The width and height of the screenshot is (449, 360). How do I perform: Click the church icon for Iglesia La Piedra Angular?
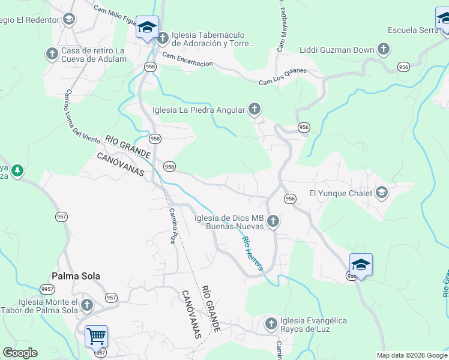tap(255, 109)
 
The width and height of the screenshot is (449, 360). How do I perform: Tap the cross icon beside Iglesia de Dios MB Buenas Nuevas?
tap(273, 222)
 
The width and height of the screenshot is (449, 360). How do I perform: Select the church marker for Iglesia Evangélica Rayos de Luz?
tap(271, 325)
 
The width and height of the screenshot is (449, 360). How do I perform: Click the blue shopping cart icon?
tap(96, 336)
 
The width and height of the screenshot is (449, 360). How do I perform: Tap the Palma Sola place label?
tap(76, 276)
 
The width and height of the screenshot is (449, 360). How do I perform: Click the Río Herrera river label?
tap(252, 253)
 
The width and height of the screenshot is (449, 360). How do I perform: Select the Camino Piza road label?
tap(173, 225)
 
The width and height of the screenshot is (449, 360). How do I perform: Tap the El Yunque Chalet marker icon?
tap(382, 193)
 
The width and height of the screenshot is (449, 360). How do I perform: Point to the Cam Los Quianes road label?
tap(282, 76)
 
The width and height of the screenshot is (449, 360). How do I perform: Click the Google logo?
tap(20, 352)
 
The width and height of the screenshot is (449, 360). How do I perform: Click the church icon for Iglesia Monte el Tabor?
tap(87, 305)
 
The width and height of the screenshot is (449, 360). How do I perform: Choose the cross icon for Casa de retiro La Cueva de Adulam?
tap(52, 54)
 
